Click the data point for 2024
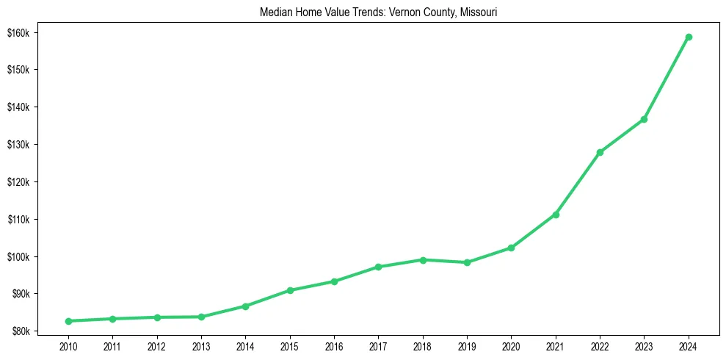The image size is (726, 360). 689,37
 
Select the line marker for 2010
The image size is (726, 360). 68,321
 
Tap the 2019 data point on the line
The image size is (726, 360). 467,262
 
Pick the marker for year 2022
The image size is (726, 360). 600,152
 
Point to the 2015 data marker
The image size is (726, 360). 290,290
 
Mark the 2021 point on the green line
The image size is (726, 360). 556,215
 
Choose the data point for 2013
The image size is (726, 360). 201,317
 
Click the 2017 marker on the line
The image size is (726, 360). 378,267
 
